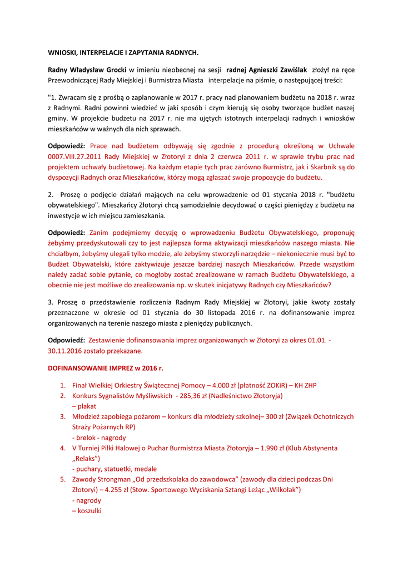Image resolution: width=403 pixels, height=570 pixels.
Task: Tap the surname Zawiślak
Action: (291, 70)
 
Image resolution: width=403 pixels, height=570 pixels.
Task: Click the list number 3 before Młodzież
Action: (63, 417)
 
